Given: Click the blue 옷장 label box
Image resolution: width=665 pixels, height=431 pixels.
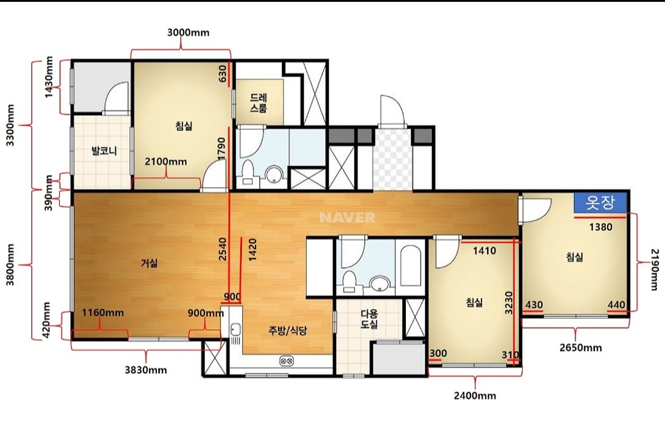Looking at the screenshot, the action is click(x=600, y=203).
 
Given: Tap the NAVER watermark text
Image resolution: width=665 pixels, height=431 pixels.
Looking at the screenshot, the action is click(x=347, y=217).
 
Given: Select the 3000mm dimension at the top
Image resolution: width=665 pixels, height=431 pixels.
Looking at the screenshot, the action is click(x=188, y=33).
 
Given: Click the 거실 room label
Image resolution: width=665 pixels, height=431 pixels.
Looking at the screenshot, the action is click(x=149, y=263).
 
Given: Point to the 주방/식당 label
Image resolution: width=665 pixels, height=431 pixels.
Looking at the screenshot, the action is click(x=287, y=331).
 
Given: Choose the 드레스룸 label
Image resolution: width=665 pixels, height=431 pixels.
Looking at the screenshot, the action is click(x=258, y=103).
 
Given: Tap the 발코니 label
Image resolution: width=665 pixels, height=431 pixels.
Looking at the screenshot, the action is click(x=104, y=151).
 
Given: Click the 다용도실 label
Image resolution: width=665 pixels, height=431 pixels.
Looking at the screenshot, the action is click(x=369, y=319).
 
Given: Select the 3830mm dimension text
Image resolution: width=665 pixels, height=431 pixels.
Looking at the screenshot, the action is click(x=145, y=370).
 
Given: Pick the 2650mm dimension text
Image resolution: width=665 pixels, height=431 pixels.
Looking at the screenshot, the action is click(x=581, y=348).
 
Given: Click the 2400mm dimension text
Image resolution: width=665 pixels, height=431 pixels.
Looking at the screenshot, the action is click(x=475, y=396).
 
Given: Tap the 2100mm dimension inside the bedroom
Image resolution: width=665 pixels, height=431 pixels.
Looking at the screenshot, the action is click(x=166, y=161).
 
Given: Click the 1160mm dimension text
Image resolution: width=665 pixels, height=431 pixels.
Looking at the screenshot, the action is click(x=103, y=313).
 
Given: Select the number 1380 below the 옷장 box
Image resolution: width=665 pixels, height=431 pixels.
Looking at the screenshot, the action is click(x=600, y=227).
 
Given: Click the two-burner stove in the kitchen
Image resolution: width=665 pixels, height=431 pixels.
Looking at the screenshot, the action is click(x=286, y=361).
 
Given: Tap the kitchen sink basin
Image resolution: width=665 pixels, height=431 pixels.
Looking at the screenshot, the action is click(x=235, y=329).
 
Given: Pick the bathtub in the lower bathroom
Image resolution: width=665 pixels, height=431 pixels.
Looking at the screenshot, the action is click(x=410, y=267).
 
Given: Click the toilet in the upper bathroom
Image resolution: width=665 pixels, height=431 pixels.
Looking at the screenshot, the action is click(x=247, y=173).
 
